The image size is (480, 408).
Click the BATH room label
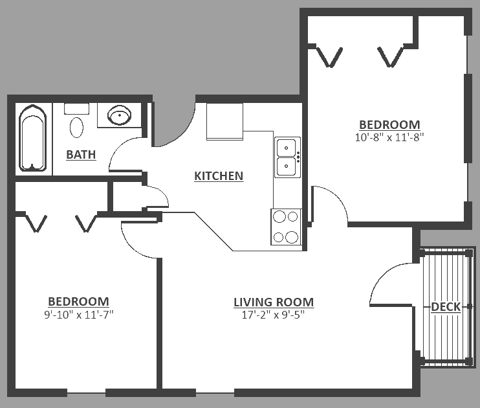pos(81,155)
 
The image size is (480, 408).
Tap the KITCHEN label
pos(219,176)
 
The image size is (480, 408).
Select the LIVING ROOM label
pos(273,302)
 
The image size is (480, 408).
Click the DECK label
pos(446,307)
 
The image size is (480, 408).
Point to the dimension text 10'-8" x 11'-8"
pos(389,137)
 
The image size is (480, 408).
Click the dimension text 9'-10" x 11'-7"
pos(78,315)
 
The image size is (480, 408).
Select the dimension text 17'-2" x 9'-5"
pos(273,315)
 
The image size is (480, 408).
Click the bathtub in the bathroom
pos(33,139)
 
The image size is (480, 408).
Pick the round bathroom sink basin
pos(119,117)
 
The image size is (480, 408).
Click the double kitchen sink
pos(287,157)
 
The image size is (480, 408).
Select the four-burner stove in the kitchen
pos(286,227)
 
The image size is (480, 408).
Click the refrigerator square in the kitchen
pos(224,121)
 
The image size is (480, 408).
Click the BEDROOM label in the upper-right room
pos(389,125)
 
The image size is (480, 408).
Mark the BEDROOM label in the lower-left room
pos(78,302)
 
